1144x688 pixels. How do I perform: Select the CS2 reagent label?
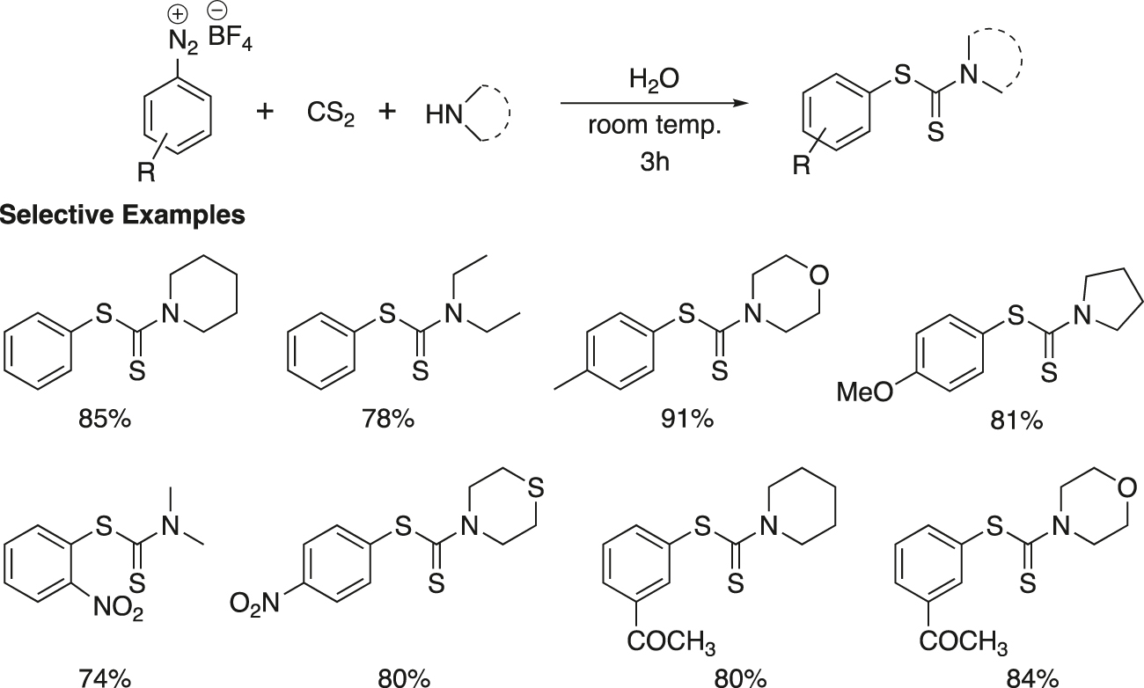[330, 113]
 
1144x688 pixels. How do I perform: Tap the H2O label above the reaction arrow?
[654, 79]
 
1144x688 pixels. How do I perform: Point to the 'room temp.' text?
[655, 125]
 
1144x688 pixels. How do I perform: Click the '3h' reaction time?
[654, 162]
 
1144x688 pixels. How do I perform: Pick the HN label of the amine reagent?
[444, 114]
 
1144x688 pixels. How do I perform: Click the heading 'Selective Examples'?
[122, 215]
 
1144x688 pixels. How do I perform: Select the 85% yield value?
[105, 420]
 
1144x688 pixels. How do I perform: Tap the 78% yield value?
[388, 419]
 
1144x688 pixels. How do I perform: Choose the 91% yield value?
[687, 419]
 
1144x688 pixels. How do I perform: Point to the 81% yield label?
[1016, 421]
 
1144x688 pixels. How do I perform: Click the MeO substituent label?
[865, 392]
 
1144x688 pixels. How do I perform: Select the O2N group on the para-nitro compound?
[254, 604]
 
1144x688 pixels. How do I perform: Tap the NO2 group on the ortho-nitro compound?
[118, 608]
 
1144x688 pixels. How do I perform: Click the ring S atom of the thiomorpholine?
[536, 487]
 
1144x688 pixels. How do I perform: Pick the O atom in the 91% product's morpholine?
[818, 275]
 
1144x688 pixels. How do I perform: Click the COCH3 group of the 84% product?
[964, 642]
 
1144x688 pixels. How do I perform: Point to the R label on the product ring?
[802, 165]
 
